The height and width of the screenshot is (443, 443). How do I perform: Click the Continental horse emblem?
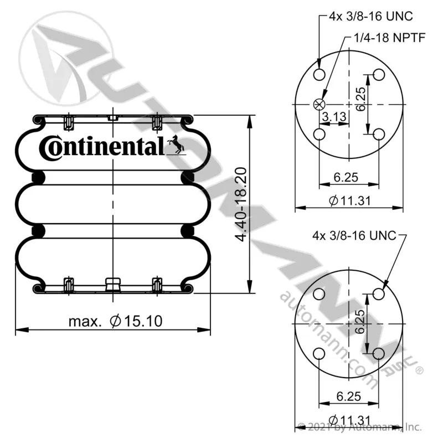coord(176,145)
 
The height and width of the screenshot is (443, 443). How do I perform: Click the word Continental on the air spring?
coord(102,148)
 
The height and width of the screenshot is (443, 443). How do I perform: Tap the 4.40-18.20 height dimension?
coord(241,204)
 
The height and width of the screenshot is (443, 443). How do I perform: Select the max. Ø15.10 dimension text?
coord(116,321)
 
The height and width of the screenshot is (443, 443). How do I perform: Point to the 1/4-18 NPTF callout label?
coord(390,38)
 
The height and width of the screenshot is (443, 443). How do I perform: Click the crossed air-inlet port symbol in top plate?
coord(320,105)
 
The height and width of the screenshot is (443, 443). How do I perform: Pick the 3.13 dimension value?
coord(334,116)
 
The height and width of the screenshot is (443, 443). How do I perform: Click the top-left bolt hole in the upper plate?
coord(320,75)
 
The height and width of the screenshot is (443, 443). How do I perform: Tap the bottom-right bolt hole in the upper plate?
coord(379,134)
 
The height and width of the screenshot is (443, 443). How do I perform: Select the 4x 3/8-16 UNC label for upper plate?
coord(370,17)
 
